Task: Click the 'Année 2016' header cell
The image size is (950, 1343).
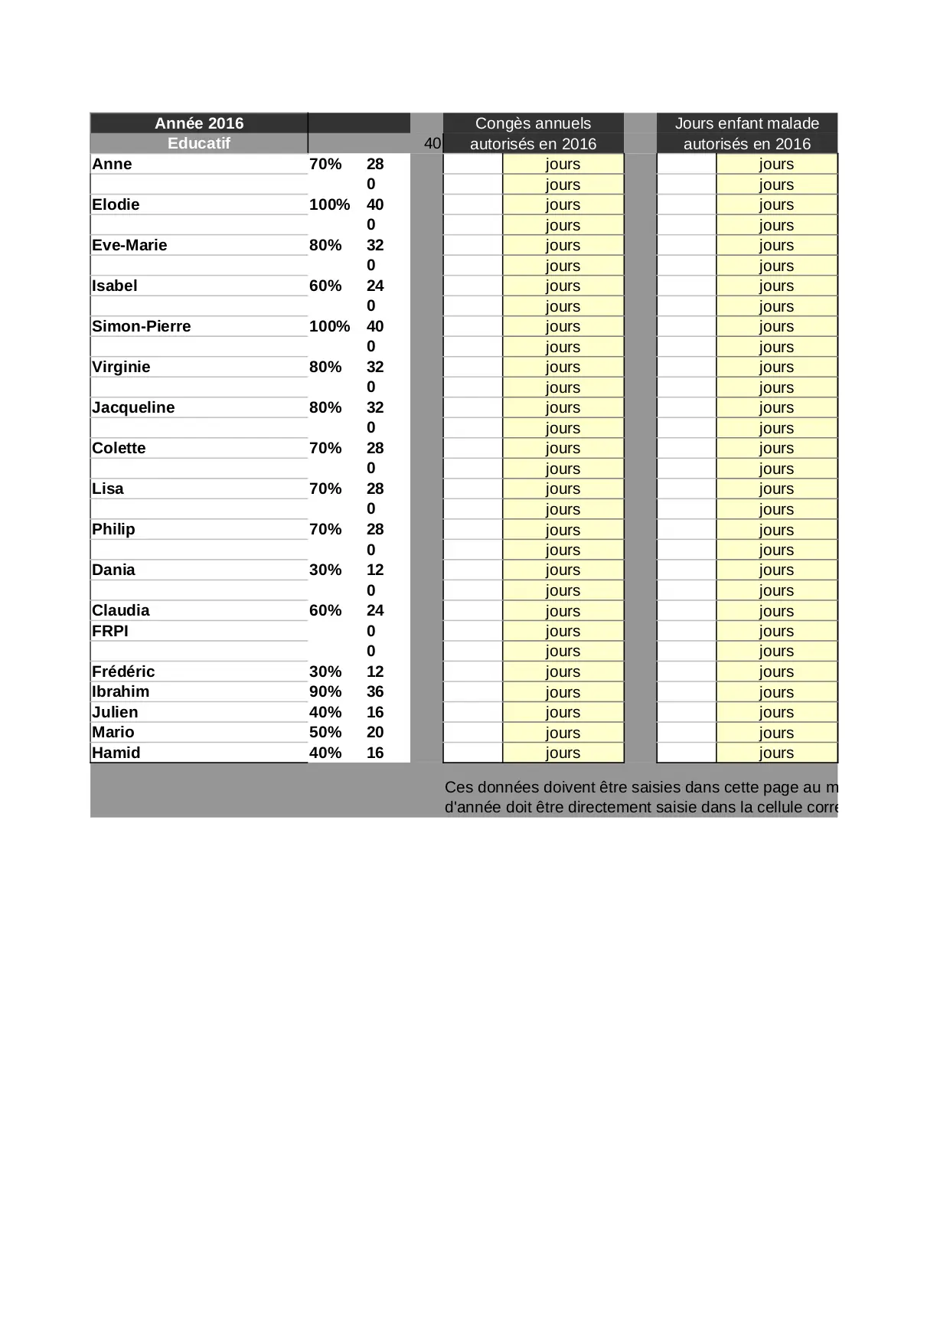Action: coord(199,123)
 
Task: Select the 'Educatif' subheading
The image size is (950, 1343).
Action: coord(199,143)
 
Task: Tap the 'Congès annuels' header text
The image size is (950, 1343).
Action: coord(533,123)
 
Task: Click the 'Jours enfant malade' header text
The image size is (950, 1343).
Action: coord(746,123)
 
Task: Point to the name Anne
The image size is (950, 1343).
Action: coord(112,164)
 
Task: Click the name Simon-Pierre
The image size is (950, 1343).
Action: coord(141,326)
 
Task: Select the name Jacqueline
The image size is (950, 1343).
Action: coord(133,407)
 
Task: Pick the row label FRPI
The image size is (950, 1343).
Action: coord(110,631)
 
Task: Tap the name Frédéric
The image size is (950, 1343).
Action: coord(123,671)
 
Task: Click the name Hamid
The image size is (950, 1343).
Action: coord(116,753)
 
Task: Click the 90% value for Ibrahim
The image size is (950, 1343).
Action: coord(325,691)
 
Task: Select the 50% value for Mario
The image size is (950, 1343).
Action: coord(325,732)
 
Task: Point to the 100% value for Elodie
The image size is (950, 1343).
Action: coord(329,204)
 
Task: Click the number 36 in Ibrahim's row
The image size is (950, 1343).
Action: coord(375,691)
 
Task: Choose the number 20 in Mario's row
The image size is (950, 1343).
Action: coord(375,732)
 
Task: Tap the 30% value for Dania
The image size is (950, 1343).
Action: coord(325,570)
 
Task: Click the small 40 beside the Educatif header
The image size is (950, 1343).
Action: coord(433,143)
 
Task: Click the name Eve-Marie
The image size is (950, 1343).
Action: coord(129,245)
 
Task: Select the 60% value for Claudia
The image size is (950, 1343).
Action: coord(325,610)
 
